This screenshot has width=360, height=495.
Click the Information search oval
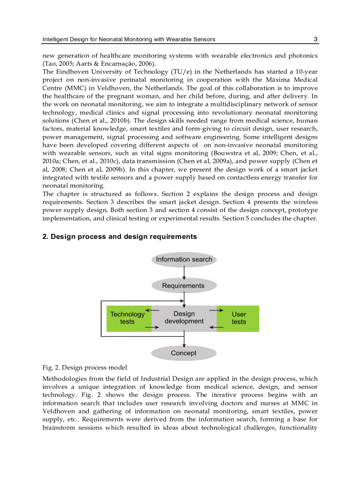point(184,260)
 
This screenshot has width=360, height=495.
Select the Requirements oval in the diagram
point(184,286)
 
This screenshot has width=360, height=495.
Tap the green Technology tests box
point(127,318)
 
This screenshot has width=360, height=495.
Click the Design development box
point(184,318)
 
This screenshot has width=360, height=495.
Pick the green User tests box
point(239,318)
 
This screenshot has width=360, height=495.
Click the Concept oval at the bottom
point(184,353)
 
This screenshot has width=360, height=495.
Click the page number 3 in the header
point(315,39)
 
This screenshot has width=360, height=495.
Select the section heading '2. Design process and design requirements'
point(120,237)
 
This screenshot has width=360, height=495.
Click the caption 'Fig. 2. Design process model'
point(85,368)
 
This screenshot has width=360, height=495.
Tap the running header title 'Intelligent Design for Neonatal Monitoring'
point(129,39)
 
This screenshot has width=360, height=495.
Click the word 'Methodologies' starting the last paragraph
point(64,379)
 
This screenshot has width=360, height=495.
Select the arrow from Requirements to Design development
point(184,299)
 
